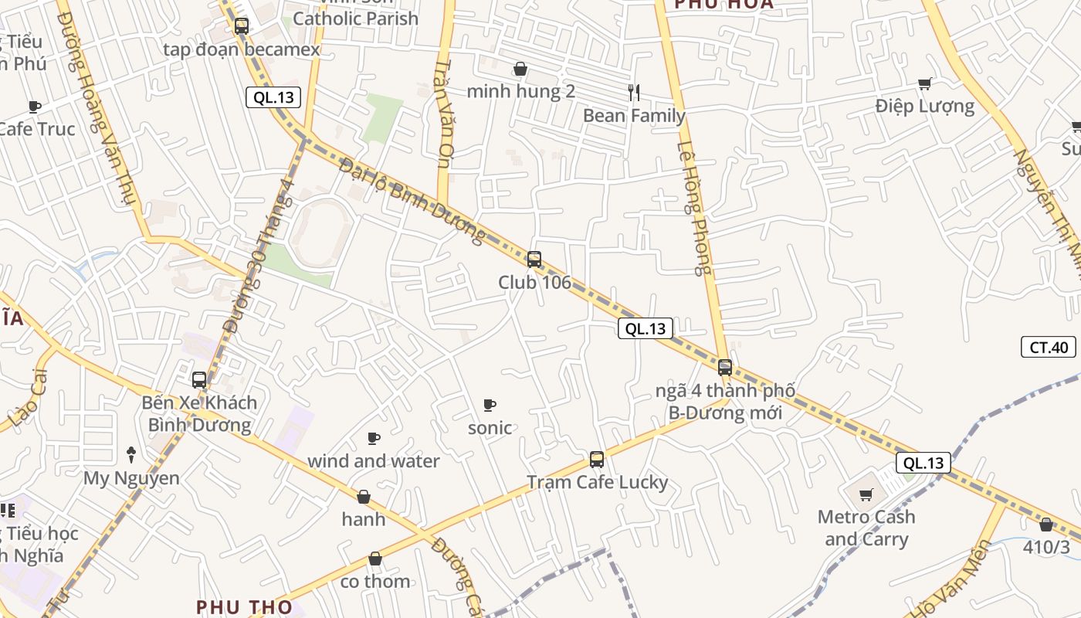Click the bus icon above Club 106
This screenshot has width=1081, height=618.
tap(534, 260)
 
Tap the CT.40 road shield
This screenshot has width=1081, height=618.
tap(1048, 348)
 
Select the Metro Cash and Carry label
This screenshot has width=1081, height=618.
tap(866, 528)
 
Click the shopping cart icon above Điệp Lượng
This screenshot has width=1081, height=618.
tap(924, 83)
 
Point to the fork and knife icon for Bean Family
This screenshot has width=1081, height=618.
tap(634, 93)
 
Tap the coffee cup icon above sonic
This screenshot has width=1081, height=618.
tap(489, 405)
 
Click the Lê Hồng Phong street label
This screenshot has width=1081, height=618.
tap(693, 209)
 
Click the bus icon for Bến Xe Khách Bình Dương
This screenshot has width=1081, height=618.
tap(199, 380)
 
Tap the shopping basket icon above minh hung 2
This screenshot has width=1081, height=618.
tap(520, 70)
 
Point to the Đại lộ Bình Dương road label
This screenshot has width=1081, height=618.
tap(414, 201)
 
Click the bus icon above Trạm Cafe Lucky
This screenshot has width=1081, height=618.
tap(596, 460)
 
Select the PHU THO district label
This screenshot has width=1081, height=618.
tap(244, 607)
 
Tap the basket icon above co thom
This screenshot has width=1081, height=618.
tap(375, 559)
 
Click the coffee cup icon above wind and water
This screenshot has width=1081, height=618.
tap(374, 439)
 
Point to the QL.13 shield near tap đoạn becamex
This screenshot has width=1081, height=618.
tap(273, 97)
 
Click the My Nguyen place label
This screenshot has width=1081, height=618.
tap(131, 478)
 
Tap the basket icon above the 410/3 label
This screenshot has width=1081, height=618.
tap(1046, 525)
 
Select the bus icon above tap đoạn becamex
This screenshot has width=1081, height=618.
tap(241, 26)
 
